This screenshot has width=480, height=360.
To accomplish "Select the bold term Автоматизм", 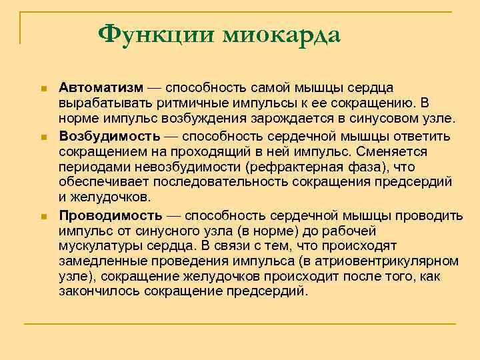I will pyautogui.click(x=100, y=88).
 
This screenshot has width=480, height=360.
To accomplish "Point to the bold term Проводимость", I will pyautogui.click(x=110, y=215).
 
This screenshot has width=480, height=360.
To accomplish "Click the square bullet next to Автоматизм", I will pyautogui.click(x=41, y=89).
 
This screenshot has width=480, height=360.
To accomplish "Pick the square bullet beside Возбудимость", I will pyautogui.click(x=41, y=137).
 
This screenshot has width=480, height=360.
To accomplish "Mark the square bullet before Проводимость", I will pyautogui.click(x=41, y=216).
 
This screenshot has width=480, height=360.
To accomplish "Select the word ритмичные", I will pyautogui.click(x=168, y=104).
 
